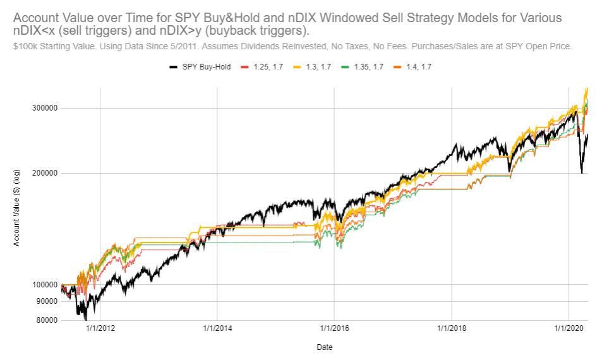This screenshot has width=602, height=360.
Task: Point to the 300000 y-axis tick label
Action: click(x=45, y=108)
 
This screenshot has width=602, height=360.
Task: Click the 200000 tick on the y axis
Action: click(x=45, y=174)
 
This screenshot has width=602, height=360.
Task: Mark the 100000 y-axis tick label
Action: click(x=45, y=285)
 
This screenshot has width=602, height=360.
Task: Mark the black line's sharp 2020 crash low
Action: click(x=581, y=172)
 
